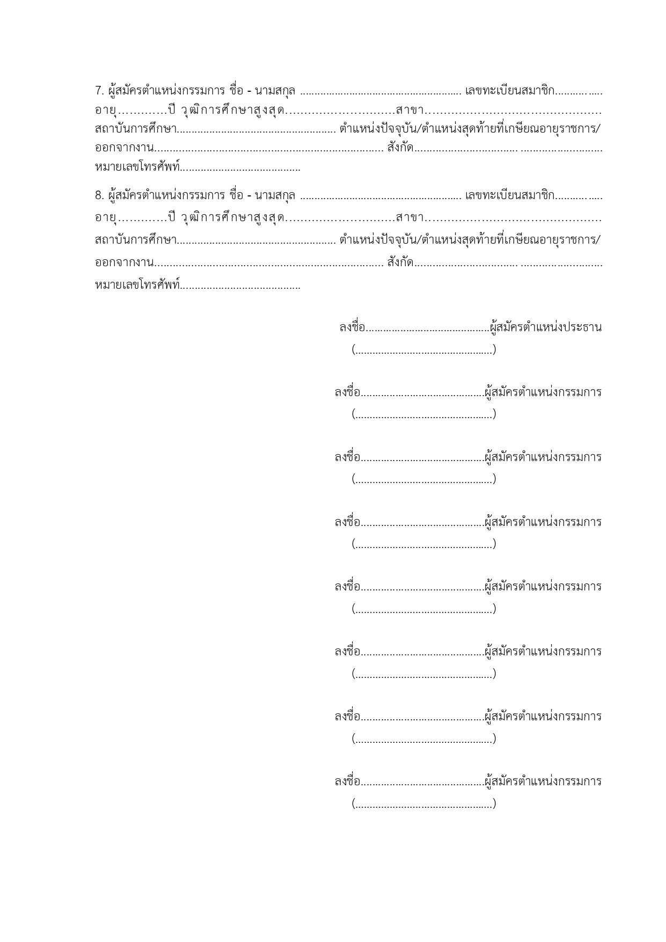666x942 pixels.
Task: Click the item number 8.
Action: tap(98, 195)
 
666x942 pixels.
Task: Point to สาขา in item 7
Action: tap(409, 111)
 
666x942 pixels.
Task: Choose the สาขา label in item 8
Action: tap(409, 218)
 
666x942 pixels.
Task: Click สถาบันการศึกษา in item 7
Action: tap(135, 129)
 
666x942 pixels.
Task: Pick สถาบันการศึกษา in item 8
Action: tap(135, 239)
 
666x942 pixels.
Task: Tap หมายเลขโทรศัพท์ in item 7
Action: tap(137, 167)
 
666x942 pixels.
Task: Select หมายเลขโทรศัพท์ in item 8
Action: tap(137, 284)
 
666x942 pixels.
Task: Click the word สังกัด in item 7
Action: tap(400, 147)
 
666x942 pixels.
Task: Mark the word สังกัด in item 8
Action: tap(400, 262)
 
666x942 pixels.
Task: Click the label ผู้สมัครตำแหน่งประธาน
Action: tap(546, 327)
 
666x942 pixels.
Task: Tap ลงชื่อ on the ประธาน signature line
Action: tap(352, 327)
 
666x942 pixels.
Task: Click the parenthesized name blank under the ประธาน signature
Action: tap(424, 350)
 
